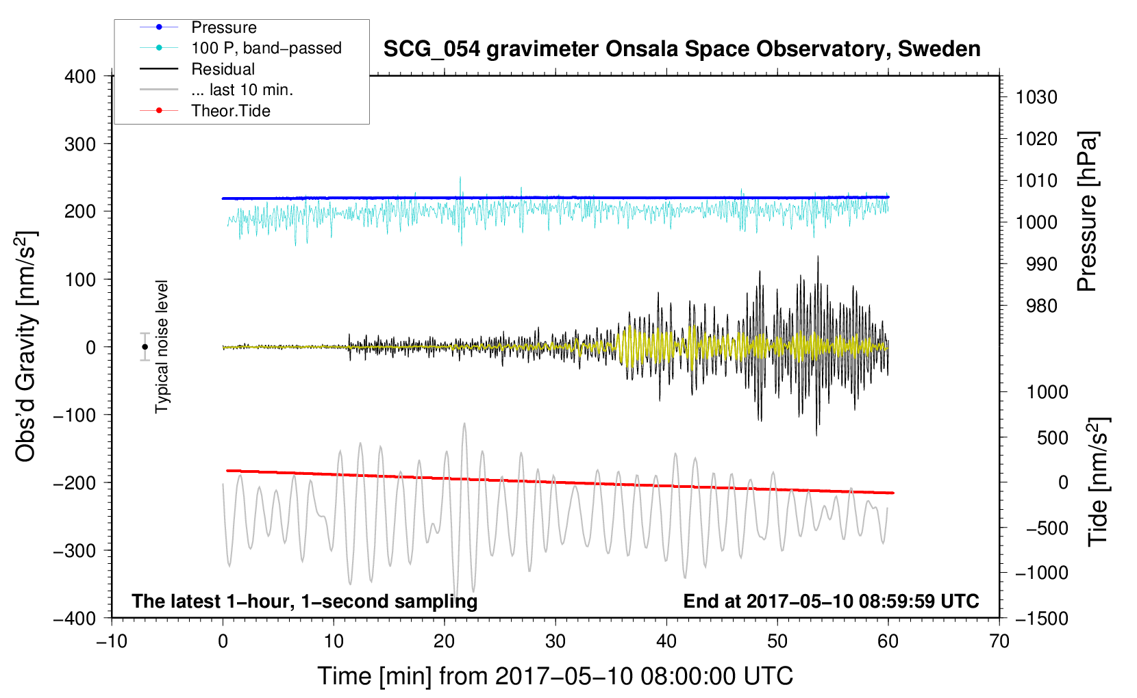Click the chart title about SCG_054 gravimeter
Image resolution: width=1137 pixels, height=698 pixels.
click(x=682, y=49)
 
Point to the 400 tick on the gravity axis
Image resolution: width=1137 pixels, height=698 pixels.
click(x=81, y=77)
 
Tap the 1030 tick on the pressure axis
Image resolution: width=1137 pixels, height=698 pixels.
click(x=1036, y=97)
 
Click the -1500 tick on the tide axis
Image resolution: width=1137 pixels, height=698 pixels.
click(x=1041, y=618)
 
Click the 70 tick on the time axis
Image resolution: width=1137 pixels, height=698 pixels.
click(x=999, y=641)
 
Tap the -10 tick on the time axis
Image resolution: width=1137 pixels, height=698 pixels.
click(x=112, y=641)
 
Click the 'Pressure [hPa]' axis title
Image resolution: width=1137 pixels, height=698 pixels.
click(x=1087, y=211)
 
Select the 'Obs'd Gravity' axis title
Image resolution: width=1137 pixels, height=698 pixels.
click(x=26, y=346)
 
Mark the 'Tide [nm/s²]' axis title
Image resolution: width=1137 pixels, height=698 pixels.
click(x=1098, y=482)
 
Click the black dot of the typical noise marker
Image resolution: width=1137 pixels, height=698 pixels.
click(x=145, y=347)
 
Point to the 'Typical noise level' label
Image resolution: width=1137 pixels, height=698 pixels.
click(x=162, y=347)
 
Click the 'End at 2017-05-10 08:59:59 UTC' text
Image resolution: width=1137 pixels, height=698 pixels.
click(x=831, y=602)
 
